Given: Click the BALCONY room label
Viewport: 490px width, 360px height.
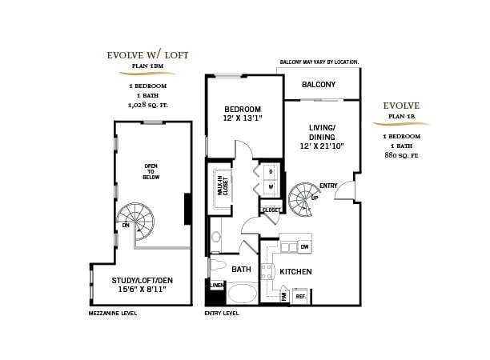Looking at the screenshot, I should pyautogui.click(x=319, y=85).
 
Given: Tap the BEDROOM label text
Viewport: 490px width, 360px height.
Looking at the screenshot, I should pyautogui.click(x=243, y=110).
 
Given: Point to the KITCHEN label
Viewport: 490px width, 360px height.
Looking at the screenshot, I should pyautogui.click(x=295, y=272).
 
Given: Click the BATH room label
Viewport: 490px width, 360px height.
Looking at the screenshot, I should pyautogui.click(x=242, y=270).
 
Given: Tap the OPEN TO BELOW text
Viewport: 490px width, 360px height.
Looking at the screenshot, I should pyautogui.click(x=151, y=170).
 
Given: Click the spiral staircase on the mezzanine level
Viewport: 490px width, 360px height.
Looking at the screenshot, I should pyautogui.click(x=136, y=221).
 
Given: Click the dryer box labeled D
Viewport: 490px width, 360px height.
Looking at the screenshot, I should pyautogui.click(x=271, y=172).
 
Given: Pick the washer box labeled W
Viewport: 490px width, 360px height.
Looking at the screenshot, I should pyautogui.click(x=271, y=187).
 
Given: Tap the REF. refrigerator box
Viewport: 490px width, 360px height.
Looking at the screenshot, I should pyautogui.click(x=301, y=295).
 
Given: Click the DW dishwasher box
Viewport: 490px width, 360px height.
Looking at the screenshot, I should pyautogui.click(x=304, y=248).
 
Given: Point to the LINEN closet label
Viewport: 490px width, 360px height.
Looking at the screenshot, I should pyautogui.click(x=215, y=285).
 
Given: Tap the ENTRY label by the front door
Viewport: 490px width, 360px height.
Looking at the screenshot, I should pyautogui.click(x=328, y=186).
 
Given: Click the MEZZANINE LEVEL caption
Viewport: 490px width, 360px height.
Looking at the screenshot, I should pyautogui.click(x=113, y=314).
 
